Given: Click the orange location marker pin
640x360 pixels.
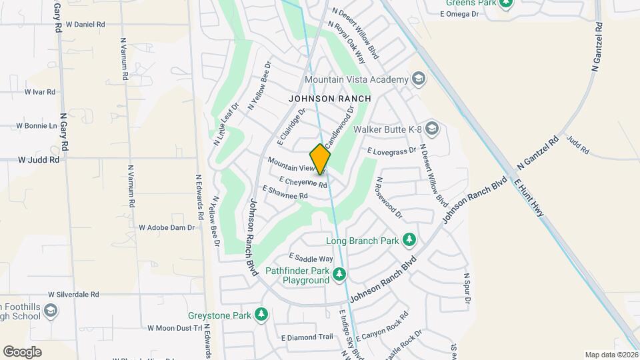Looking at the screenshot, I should coord(321,159).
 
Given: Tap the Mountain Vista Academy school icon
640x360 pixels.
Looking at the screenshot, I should coord(418,79).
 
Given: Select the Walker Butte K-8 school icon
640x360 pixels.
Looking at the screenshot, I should coord(432,128).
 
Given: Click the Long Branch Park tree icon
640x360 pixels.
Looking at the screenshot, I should coord(409,240).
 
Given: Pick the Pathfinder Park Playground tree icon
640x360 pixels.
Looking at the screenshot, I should coord(340,273).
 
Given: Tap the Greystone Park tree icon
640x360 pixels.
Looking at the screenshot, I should coord(261,315).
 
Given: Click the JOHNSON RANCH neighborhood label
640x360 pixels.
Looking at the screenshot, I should coord(329,98).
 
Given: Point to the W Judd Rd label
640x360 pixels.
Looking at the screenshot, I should coord(39,160).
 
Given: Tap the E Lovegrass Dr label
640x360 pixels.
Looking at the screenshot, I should coord(392,151).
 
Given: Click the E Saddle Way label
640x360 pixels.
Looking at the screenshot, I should coord(311,258).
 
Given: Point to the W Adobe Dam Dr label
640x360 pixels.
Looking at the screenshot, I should coord(167,227).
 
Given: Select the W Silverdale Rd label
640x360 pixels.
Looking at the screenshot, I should coord(73,294).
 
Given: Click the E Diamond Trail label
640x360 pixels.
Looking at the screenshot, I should coord(307,337).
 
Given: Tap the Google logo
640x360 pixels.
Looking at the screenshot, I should coord(22,351).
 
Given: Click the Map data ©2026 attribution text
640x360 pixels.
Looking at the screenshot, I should coord(611,355).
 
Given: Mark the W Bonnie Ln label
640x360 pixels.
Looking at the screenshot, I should coord(37,125).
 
